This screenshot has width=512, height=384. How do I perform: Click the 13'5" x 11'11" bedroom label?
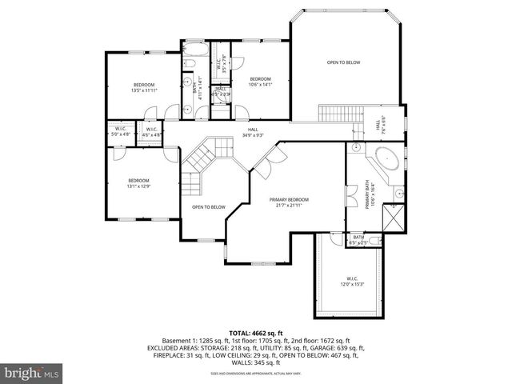(144, 86)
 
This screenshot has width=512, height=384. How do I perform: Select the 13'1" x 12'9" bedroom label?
(138, 183)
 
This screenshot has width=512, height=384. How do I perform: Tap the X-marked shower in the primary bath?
(394, 218)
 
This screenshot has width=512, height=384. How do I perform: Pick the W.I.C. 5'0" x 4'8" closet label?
(121, 132)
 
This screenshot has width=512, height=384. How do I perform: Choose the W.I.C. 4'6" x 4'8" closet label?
(150, 132)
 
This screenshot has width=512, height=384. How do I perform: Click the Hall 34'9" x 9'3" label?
(253, 132)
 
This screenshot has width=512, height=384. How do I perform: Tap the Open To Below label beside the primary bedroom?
(208, 208)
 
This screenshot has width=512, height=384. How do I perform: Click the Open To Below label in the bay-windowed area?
(343, 62)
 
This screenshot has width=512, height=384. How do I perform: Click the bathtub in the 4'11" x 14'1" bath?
(195, 54)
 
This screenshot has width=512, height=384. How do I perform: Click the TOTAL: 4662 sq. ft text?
(256, 332)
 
